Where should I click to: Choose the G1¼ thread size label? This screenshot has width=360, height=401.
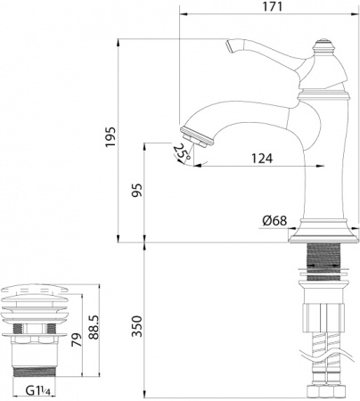point(41,390)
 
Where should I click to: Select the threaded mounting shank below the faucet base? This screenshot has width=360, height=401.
point(324,258)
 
